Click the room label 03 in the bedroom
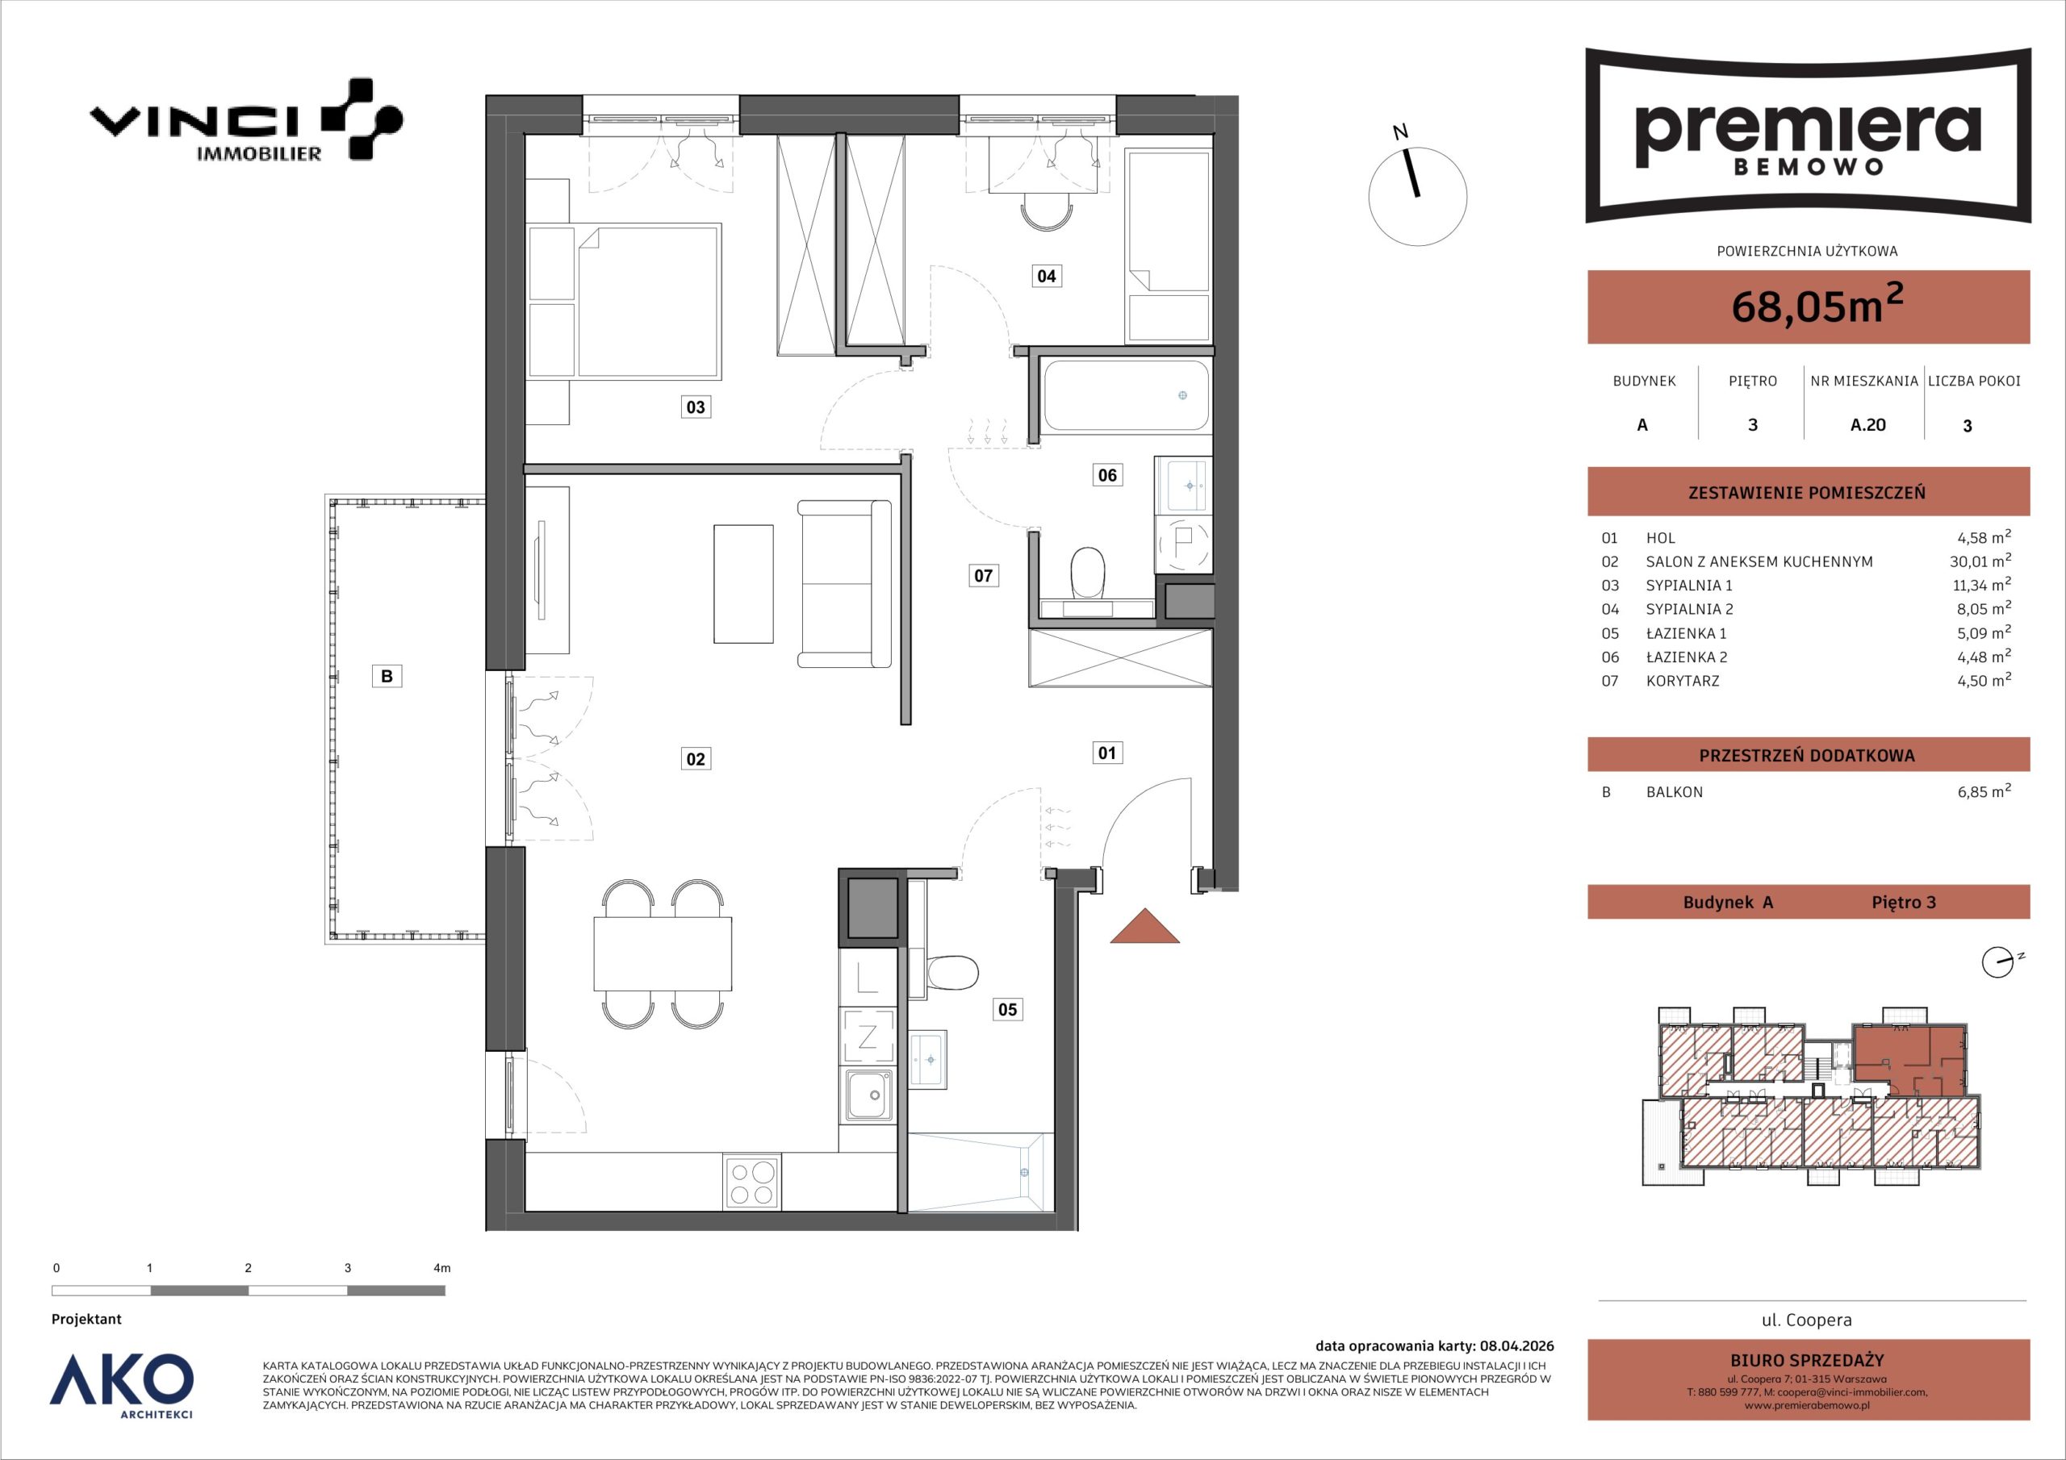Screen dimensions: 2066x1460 click(696, 407)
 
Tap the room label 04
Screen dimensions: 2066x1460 click(1046, 276)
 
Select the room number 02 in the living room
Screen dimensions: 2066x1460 click(696, 759)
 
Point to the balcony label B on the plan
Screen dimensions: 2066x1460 click(387, 677)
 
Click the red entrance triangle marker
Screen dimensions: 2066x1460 click(1144, 927)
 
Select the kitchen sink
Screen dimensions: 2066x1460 click(869, 1095)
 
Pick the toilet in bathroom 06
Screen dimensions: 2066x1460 click(1089, 573)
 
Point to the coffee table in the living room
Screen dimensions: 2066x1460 click(743, 585)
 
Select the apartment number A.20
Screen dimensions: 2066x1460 click(1867, 424)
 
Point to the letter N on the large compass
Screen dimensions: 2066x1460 click(1400, 132)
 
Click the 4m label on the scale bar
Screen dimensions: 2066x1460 click(441, 1268)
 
